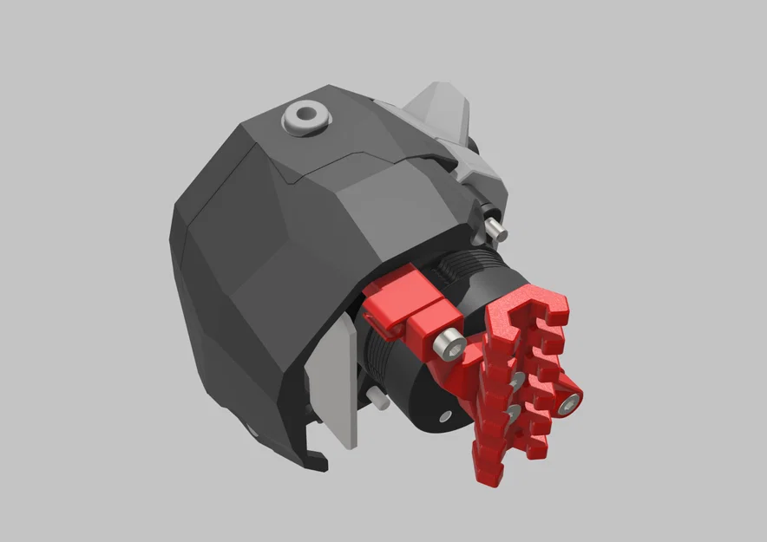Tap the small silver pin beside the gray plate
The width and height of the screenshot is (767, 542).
pos(378,399)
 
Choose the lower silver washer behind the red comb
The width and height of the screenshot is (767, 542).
pos(514,410)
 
